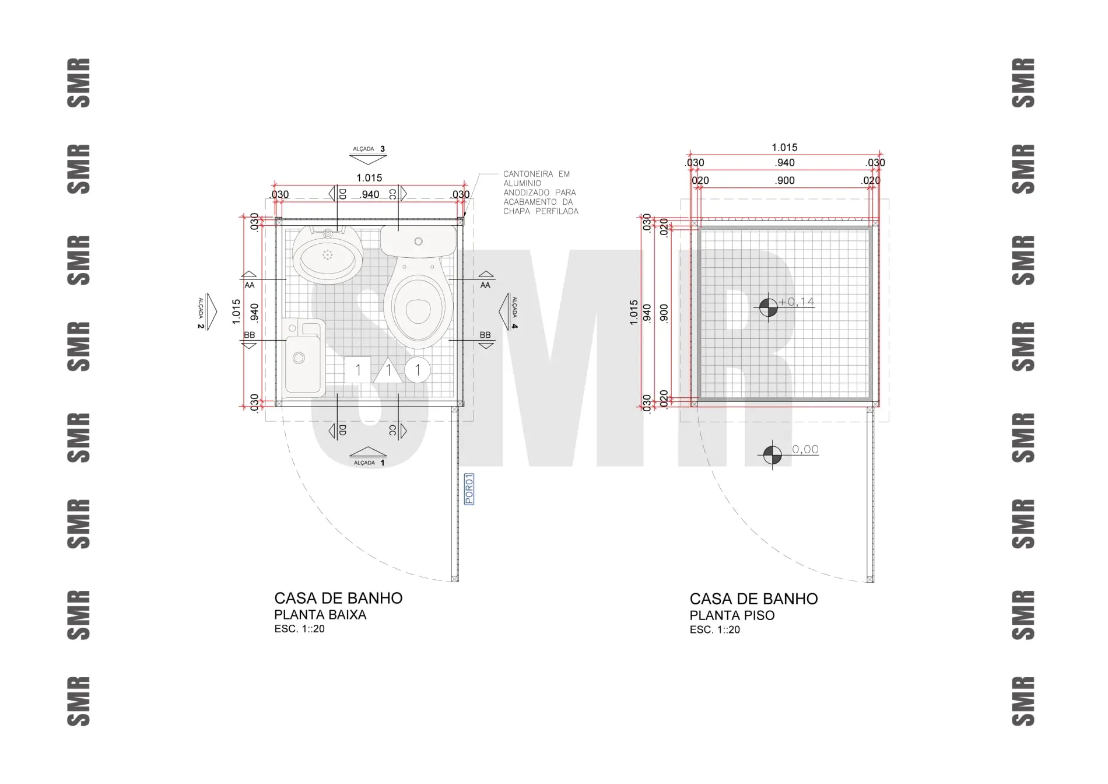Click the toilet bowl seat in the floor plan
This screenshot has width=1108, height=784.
point(418,308)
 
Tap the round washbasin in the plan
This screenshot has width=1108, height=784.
point(327,256)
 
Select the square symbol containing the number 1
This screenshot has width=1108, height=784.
point(358,369)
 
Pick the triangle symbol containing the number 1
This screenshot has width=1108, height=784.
point(388,370)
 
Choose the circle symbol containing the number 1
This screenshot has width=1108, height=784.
point(418,370)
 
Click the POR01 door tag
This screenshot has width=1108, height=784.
point(469,489)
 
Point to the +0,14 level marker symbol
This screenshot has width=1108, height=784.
point(769,307)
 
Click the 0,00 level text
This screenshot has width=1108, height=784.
point(805,449)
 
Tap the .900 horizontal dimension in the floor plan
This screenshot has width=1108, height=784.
point(785,180)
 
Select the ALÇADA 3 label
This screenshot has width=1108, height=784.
point(369,149)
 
